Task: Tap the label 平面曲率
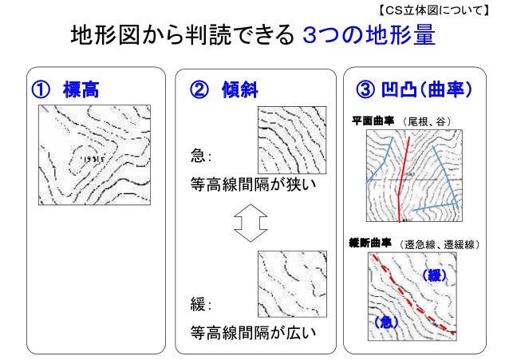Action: click(x=372, y=121)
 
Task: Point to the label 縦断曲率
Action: click(x=372, y=242)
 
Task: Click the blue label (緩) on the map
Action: click(x=431, y=275)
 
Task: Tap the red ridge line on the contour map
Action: click(x=404, y=176)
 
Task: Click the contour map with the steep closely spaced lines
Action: click(x=290, y=139)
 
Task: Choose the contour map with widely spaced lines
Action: click(x=289, y=283)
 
